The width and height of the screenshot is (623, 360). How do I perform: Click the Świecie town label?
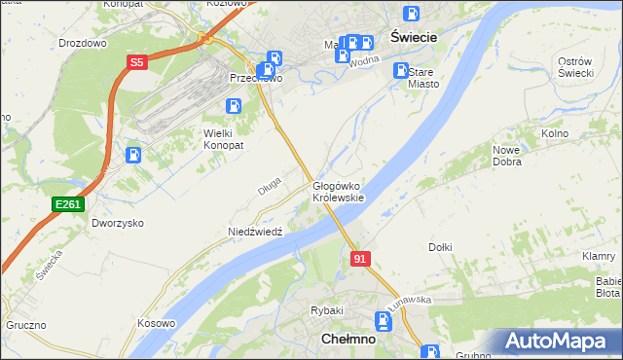click(x=413, y=36)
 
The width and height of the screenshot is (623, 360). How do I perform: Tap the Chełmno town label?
click(x=348, y=339)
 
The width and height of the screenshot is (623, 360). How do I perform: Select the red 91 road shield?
click(x=360, y=258)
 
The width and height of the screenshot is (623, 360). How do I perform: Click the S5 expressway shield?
click(x=136, y=63)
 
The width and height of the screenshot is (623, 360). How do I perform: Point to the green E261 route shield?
click(x=68, y=203)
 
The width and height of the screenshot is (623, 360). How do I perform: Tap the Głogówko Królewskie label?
click(x=338, y=191)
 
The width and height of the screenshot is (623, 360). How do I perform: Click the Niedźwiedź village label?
click(x=254, y=232)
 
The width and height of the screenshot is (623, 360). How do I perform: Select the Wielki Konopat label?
click(x=223, y=138)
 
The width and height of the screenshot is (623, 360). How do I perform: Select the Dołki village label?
click(x=440, y=247)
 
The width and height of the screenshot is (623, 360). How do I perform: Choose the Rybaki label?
click(x=323, y=310)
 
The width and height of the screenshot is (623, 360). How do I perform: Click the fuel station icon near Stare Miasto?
click(x=400, y=70)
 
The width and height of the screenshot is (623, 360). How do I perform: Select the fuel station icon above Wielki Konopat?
click(x=234, y=106)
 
